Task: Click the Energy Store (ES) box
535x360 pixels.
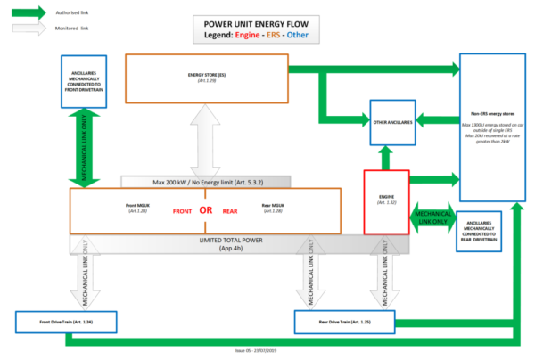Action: click(x=206, y=78)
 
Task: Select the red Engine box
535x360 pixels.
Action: click(x=384, y=201)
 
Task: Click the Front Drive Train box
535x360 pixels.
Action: click(x=66, y=320)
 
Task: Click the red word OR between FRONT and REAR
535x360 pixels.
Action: click(x=204, y=210)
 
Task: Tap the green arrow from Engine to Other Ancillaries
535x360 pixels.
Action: click(x=384, y=157)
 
